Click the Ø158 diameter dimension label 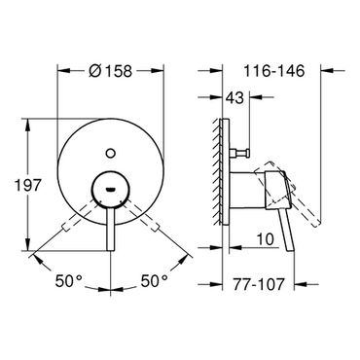[110, 71]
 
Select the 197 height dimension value [28, 185]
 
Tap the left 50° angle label [69, 280]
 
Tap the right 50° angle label [155, 280]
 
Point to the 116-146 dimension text [274, 71]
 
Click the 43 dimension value [234, 97]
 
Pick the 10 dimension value [266, 239]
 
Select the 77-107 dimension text [258, 284]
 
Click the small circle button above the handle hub [111, 153]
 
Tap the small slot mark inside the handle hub [111, 189]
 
